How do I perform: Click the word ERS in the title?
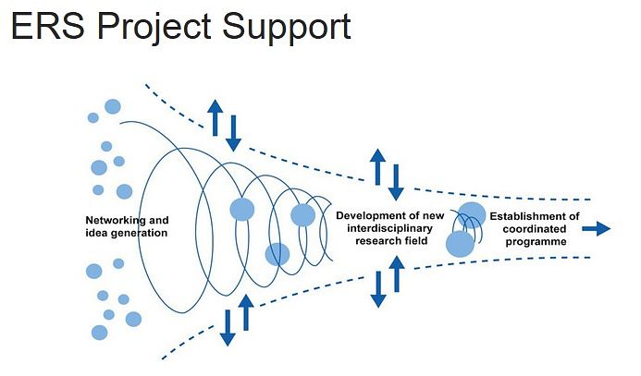48,26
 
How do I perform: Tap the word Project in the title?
154,29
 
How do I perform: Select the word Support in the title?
286,29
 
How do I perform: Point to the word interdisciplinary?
389,228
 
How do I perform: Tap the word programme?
536,241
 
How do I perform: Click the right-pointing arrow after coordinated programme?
597,228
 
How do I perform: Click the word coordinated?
535,228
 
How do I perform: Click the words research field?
391,241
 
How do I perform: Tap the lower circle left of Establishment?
460,244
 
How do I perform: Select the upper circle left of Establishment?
472,214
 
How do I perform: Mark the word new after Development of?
433,216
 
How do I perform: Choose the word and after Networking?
158,220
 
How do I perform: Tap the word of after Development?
412,215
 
